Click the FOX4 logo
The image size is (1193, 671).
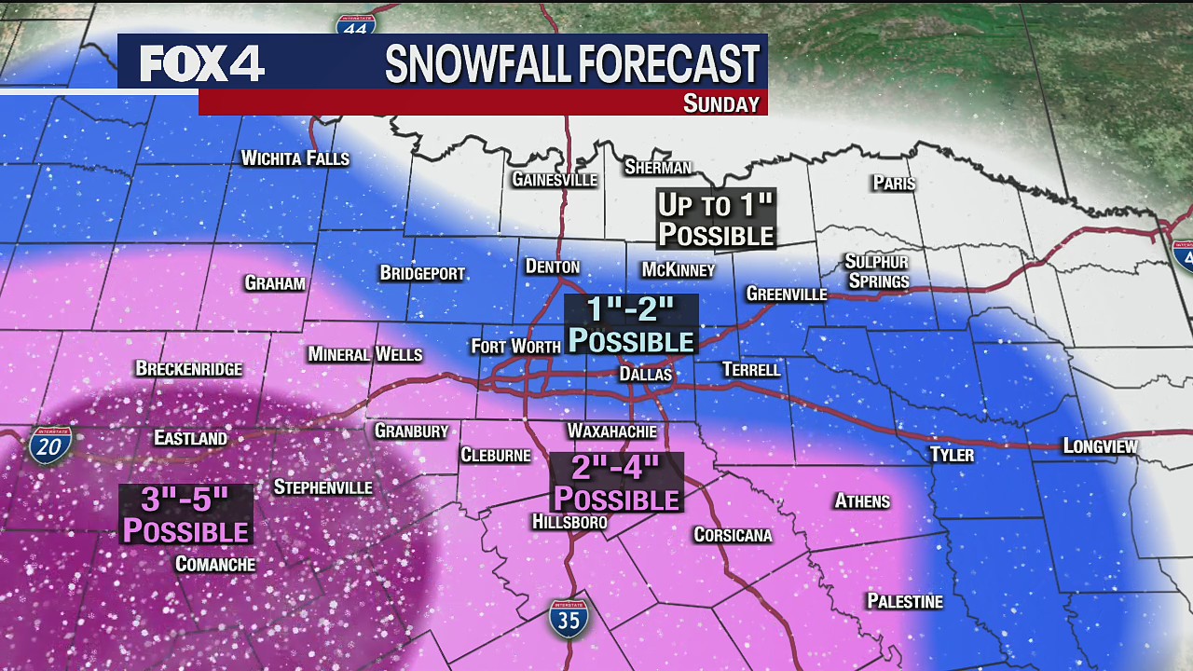pyautogui.click(x=202, y=63)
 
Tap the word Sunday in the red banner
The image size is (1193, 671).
pyautogui.click(x=720, y=103)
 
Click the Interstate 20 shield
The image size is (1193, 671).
pyautogui.click(x=50, y=446)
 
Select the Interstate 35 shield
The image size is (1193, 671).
pyautogui.click(x=568, y=619)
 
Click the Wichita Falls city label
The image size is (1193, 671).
pyautogui.click(x=295, y=158)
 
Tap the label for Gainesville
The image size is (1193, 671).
pyautogui.click(x=554, y=180)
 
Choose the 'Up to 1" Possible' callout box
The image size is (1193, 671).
pyautogui.click(x=716, y=220)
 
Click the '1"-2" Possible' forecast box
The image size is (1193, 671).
pyautogui.click(x=631, y=325)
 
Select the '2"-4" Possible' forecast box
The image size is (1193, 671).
pyautogui.click(x=615, y=483)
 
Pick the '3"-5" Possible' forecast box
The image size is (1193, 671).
pyautogui.click(x=185, y=515)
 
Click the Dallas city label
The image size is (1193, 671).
pyautogui.click(x=645, y=374)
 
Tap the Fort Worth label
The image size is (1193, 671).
pyautogui.click(x=515, y=347)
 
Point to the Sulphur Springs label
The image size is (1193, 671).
pyautogui.click(x=876, y=271)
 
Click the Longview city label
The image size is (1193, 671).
pyautogui.click(x=1100, y=447)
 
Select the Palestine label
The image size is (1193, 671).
pyautogui.click(x=904, y=601)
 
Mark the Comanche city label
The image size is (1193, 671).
pyautogui.click(x=214, y=564)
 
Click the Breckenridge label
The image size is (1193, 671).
pyautogui.click(x=188, y=369)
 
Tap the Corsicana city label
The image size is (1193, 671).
pyautogui.click(x=733, y=535)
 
